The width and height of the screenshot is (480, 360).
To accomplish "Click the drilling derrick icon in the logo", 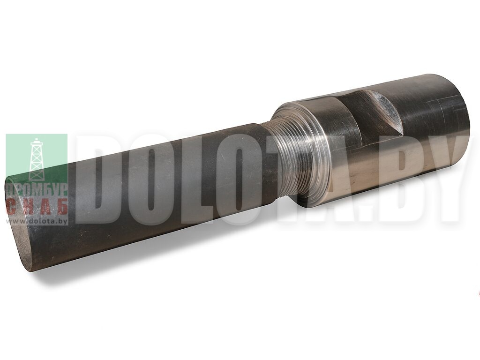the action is pyautogui.click(x=37, y=159).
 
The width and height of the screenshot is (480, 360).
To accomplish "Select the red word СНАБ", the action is pyautogui.click(x=37, y=208).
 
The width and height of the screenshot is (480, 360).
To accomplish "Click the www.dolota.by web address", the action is pyautogui.click(x=37, y=221).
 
